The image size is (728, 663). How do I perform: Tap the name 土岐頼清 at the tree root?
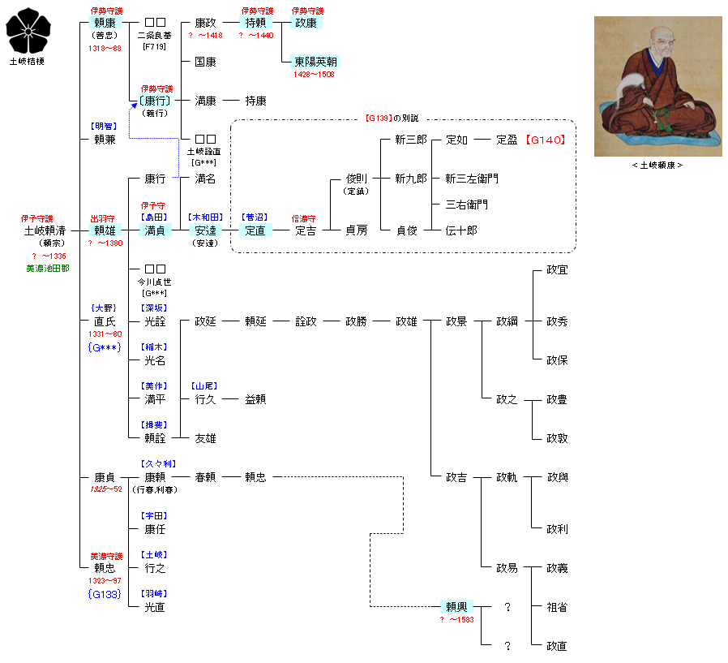point(45,230)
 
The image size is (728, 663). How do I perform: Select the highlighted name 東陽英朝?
point(316,62)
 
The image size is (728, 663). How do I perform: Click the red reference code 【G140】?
point(545,140)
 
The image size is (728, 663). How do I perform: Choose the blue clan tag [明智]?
point(105,127)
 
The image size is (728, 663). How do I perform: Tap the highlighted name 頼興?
point(456,607)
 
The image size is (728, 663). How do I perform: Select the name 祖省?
point(557,607)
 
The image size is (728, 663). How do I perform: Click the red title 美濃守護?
point(105,556)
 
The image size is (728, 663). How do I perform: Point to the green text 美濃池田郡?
point(47,269)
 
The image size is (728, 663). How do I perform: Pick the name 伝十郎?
point(461,230)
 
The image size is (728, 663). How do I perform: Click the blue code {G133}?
point(105,594)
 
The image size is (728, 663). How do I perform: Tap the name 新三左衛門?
point(473,179)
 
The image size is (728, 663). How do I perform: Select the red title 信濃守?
point(305,218)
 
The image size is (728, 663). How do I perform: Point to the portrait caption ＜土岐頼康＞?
point(657,166)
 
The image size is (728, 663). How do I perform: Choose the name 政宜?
point(557,269)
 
